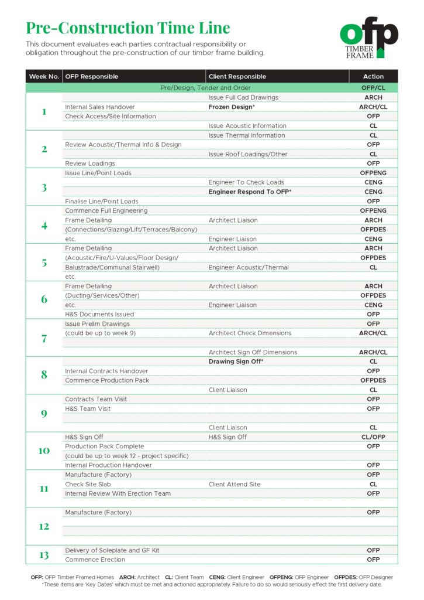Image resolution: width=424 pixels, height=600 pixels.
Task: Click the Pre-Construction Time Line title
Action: click(127, 28)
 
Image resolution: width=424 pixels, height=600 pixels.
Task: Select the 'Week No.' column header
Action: click(44, 76)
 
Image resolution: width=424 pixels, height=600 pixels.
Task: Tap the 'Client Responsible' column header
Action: click(237, 76)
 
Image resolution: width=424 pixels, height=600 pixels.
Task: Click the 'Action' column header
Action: click(373, 76)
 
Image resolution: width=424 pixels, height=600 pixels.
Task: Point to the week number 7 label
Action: click(44, 338)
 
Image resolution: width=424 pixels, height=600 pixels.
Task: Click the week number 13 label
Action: click(44, 555)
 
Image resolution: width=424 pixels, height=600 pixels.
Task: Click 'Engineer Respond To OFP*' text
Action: click(250, 192)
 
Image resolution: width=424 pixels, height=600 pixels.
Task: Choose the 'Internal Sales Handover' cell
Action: click(100, 107)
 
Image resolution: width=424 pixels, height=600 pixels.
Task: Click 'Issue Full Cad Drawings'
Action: click(243, 97)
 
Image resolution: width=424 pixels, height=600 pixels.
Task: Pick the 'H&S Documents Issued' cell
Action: click(99, 314)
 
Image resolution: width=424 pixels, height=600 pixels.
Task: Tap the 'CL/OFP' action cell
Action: click(373, 437)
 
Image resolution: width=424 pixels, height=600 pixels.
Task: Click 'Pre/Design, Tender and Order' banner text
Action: click(205, 88)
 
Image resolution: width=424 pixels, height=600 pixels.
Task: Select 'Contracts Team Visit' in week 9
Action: click(96, 399)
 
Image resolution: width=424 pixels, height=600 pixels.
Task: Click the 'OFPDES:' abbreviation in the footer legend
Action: click(346, 577)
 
